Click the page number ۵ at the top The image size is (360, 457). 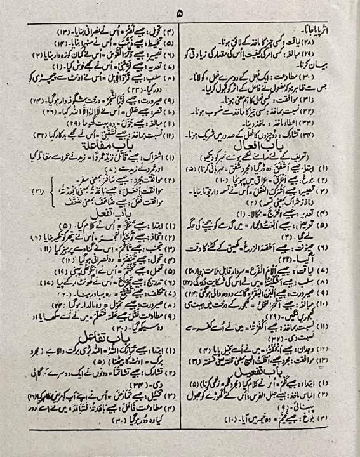pyautogui.click(x=180, y=12)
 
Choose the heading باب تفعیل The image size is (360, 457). pyautogui.click(x=260, y=369)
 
